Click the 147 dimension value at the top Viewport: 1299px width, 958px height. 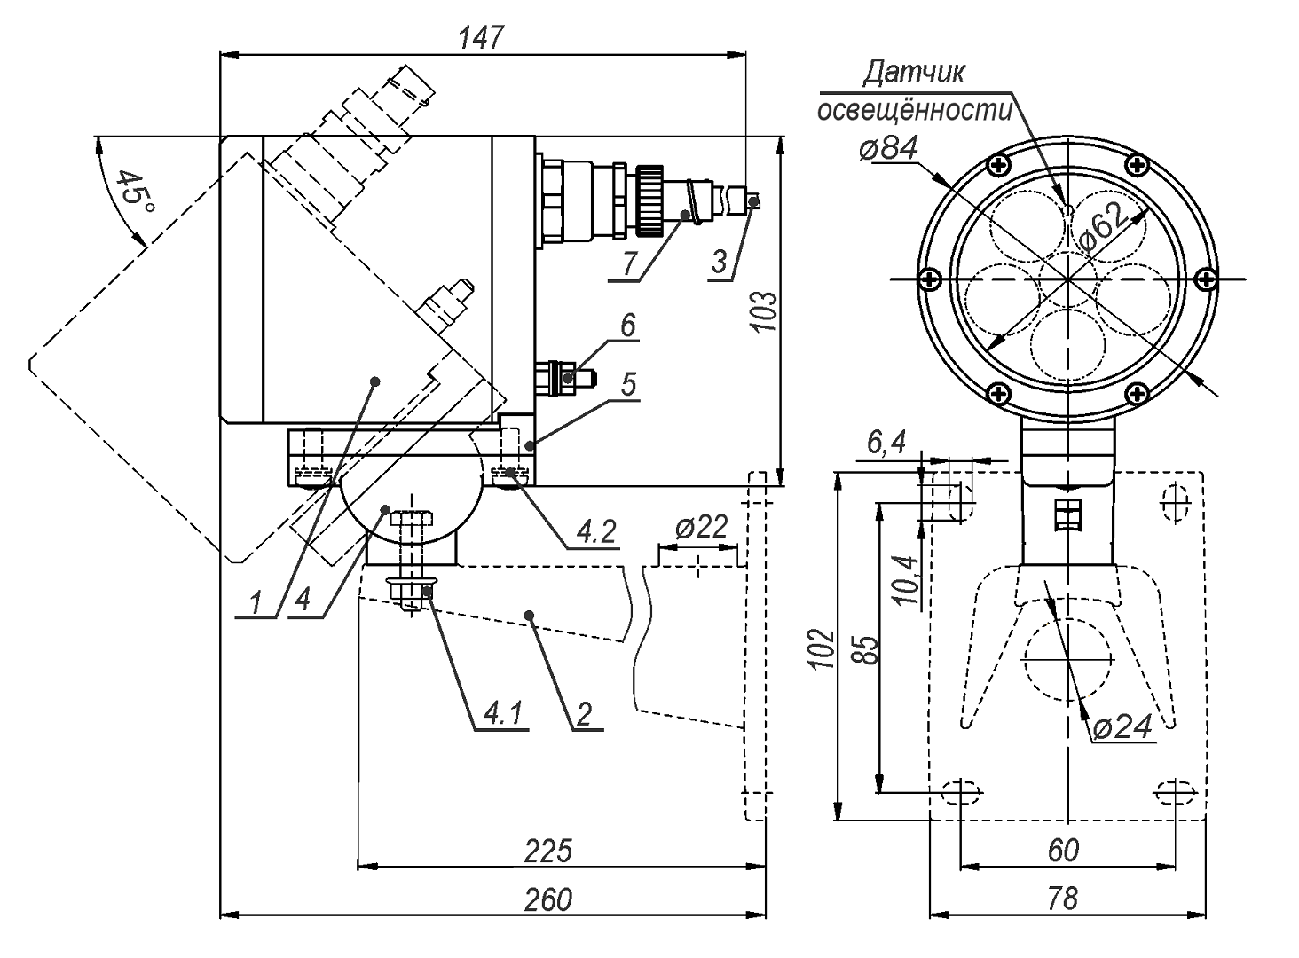(x=482, y=38)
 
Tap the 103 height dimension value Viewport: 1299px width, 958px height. (x=765, y=311)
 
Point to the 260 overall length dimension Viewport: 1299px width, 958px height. (x=547, y=899)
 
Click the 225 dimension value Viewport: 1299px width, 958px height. (x=547, y=851)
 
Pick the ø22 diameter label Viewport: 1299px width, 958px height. (x=700, y=528)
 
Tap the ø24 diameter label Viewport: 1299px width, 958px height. (x=1122, y=727)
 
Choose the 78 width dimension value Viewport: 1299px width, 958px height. (x=1062, y=899)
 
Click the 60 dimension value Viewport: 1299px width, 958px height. (x=1063, y=851)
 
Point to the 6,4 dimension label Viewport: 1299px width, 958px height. (x=885, y=444)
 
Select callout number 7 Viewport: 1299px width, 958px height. (x=630, y=264)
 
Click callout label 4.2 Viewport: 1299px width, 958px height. (x=595, y=532)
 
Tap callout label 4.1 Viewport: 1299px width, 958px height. (x=504, y=712)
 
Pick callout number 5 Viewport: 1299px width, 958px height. (x=628, y=384)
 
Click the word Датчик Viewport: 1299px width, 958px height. (x=913, y=73)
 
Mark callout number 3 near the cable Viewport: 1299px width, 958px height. (x=720, y=263)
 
